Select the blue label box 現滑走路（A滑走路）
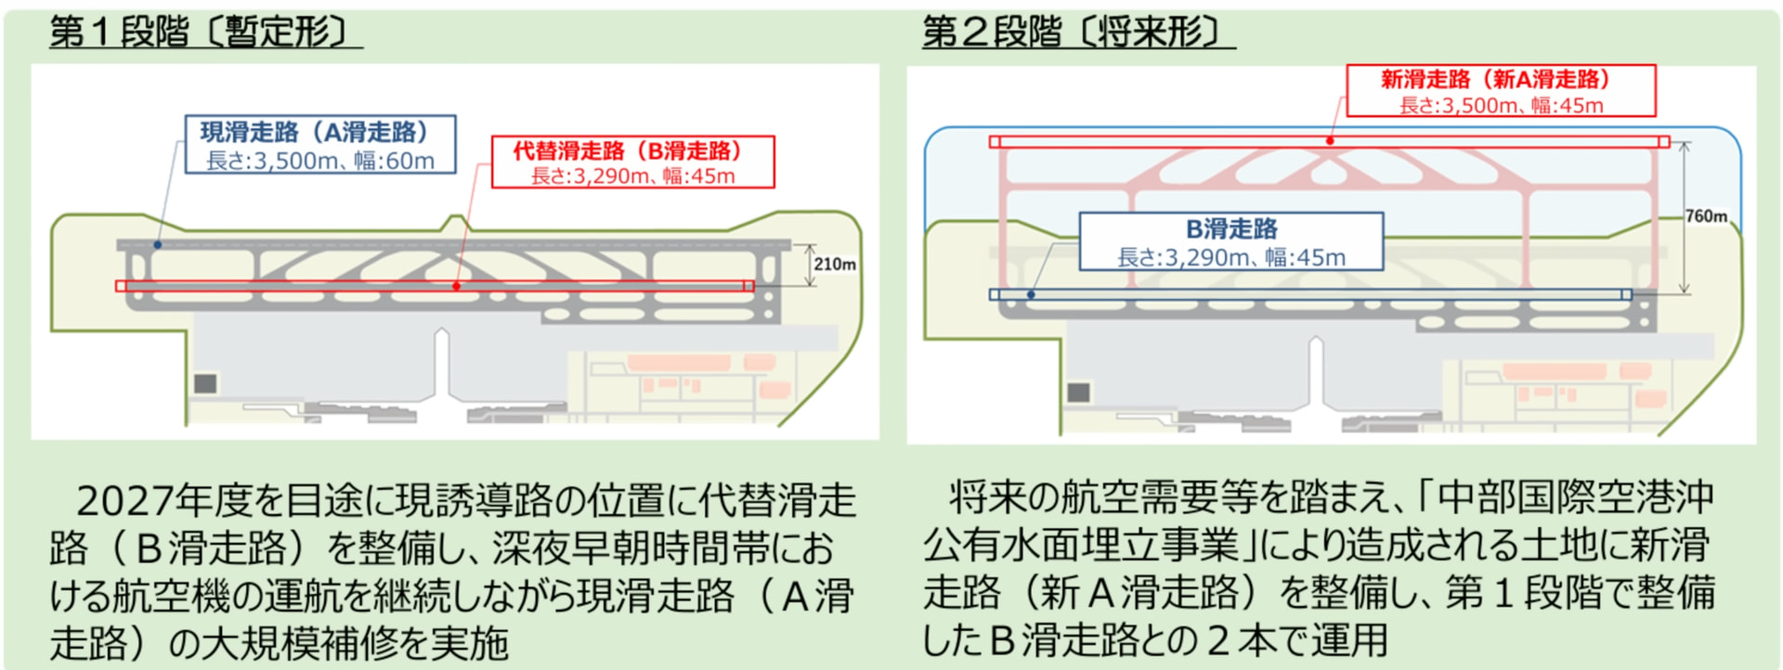[x=319, y=144]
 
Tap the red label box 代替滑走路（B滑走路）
[x=632, y=162]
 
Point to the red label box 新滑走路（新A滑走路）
[x=1501, y=90]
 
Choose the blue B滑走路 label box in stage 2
[x=1230, y=241]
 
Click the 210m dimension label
[x=835, y=264]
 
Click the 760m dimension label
[x=1707, y=216]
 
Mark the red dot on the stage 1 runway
[x=456, y=286]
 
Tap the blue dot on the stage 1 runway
[x=158, y=245]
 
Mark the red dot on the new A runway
[x=1330, y=141]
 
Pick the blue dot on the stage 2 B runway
[x=1031, y=294]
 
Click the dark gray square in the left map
[x=205, y=382]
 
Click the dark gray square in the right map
[x=1078, y=392]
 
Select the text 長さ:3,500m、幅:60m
[x=319, y=161]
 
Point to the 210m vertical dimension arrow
[x=810, y=264]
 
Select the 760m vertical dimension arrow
[x=1684, y=218]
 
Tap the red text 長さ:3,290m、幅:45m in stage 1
[x=632, y=175]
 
